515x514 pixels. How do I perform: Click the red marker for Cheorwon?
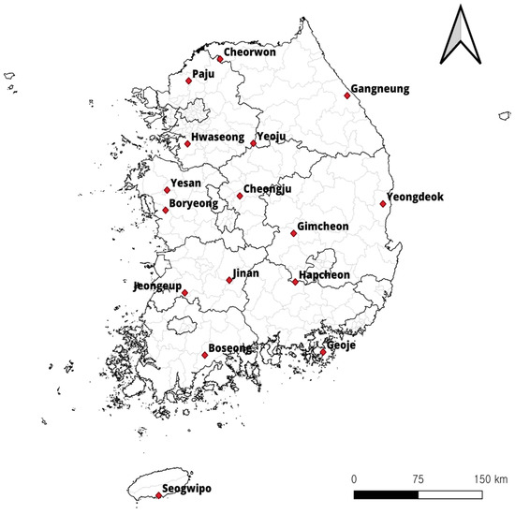pyautogui.click(x=219, y=59)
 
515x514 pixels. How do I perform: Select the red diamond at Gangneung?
pyautogui.click(x=347, y=94)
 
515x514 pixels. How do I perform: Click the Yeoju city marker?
pyautogui.click(x=253, y=143)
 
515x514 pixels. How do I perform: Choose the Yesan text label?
pyautogui.click(x=187, y=185)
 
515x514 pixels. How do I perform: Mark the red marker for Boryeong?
pyautogui.click(x=166, y=210)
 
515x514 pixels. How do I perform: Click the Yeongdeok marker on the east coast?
pyautogui.click(x=383, y=203)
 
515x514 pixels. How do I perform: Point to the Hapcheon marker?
pyautogui.click(x=295, y=281)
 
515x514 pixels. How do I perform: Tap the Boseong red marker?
pyautogui.click(x=205, y=356)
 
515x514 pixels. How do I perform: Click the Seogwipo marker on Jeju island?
pyautogui.click(x=158, y=495)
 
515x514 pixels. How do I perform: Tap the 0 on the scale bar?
pyautogui.click(x=354, y=478)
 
